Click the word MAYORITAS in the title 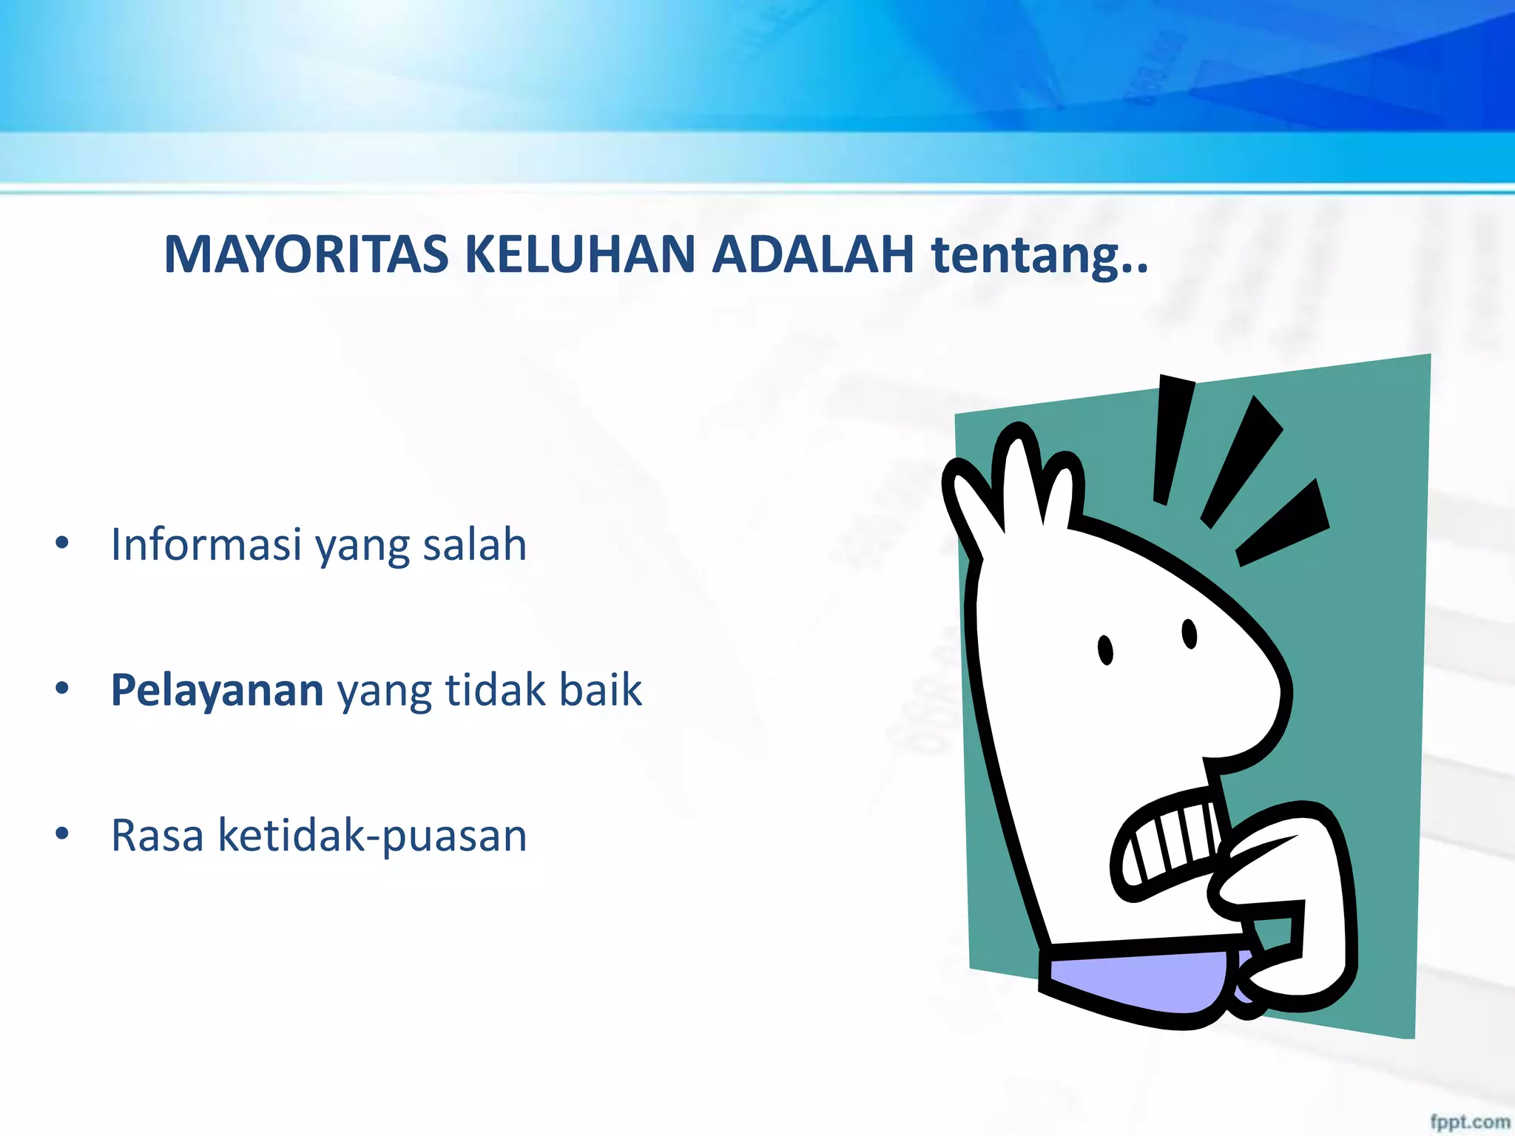(x=306, y=254)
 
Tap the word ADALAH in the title (x=812, y=254)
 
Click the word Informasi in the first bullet (x=206, y=544)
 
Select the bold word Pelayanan (x=217, y=690)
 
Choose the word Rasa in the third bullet (x=157, y=836)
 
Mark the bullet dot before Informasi (x=62, y=543)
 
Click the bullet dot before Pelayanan (x=62, y=689)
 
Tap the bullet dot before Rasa (x=62, y=834)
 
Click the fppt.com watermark (x=1469, y=1122)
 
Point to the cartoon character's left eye (x=1105, y=650)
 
